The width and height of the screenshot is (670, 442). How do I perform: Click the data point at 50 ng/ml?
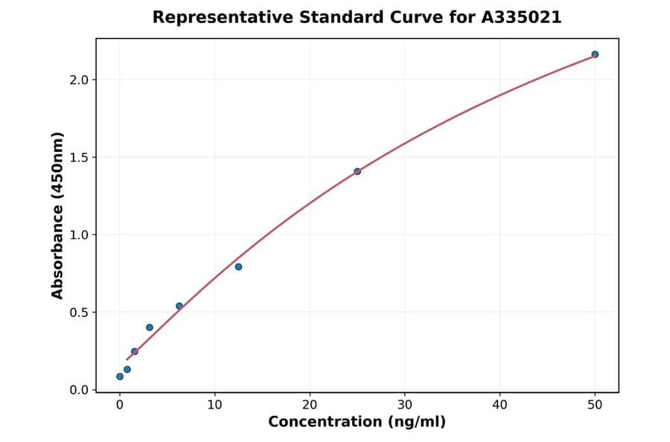tap(595, 54)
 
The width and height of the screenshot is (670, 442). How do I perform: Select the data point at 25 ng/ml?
tap(357, 171)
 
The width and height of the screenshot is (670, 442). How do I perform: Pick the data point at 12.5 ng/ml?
tap(238, 266)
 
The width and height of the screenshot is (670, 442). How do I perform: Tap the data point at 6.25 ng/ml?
tap(179, 306)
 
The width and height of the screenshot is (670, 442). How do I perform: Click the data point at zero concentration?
tap(120, 377)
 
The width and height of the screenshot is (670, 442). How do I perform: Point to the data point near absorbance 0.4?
tap(150, 327)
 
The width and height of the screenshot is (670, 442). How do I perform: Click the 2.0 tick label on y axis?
tap(79, 80)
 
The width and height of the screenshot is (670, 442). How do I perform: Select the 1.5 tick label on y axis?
tap(79, 158)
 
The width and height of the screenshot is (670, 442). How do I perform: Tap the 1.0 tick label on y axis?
tap(79, 235)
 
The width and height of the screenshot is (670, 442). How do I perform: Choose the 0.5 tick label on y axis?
tap(79, 313)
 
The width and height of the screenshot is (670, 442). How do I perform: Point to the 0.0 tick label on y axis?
tap(79, 390)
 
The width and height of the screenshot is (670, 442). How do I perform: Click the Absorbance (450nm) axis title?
tap(58, 215)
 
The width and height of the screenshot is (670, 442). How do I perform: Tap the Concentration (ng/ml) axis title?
tap(357, 422)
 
